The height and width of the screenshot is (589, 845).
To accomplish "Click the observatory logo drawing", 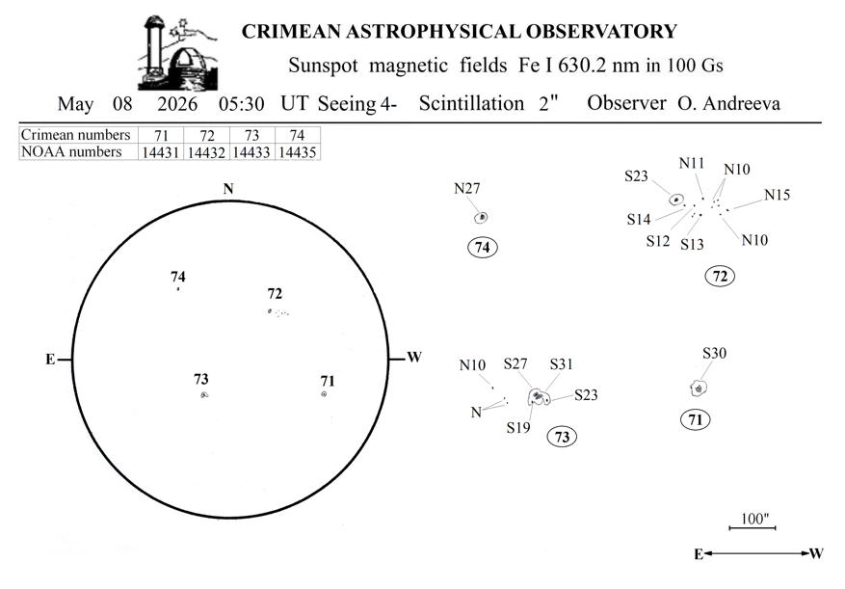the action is tap(178, 53).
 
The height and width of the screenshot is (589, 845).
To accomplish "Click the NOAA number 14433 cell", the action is tap(251, 152).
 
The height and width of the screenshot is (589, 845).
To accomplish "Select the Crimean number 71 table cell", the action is tap(161, 135).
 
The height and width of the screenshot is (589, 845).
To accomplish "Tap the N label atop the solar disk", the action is tap(228, 189).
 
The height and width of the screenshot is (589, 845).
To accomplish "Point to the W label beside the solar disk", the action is tap(414, 357).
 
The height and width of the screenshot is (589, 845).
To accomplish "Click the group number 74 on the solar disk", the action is tap(178, 277).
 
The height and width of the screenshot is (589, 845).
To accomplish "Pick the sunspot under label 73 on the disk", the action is tap(204, 395).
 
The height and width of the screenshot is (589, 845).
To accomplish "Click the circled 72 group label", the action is tap(720, 276).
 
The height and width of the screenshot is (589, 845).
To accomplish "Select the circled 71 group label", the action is tap(696, 419).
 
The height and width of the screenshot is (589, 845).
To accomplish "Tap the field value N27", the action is tap(466, 188).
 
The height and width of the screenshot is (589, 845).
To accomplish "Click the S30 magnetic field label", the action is tap(715, 353).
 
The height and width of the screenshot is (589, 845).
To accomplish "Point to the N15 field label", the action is tap(778, 195).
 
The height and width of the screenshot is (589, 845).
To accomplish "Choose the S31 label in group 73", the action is tap(561, 364).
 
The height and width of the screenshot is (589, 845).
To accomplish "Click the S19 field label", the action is tap(518, 428).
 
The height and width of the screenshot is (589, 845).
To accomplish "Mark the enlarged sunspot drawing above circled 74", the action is tap(481, 217).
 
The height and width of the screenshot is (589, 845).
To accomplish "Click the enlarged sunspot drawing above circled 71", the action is tap(699, 388).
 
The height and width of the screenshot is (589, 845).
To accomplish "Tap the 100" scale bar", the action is tap(753, 527).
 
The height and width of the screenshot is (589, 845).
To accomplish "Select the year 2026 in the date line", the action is tap(177, 103).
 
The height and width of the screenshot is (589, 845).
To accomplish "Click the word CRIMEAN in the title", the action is tap(291, 31).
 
